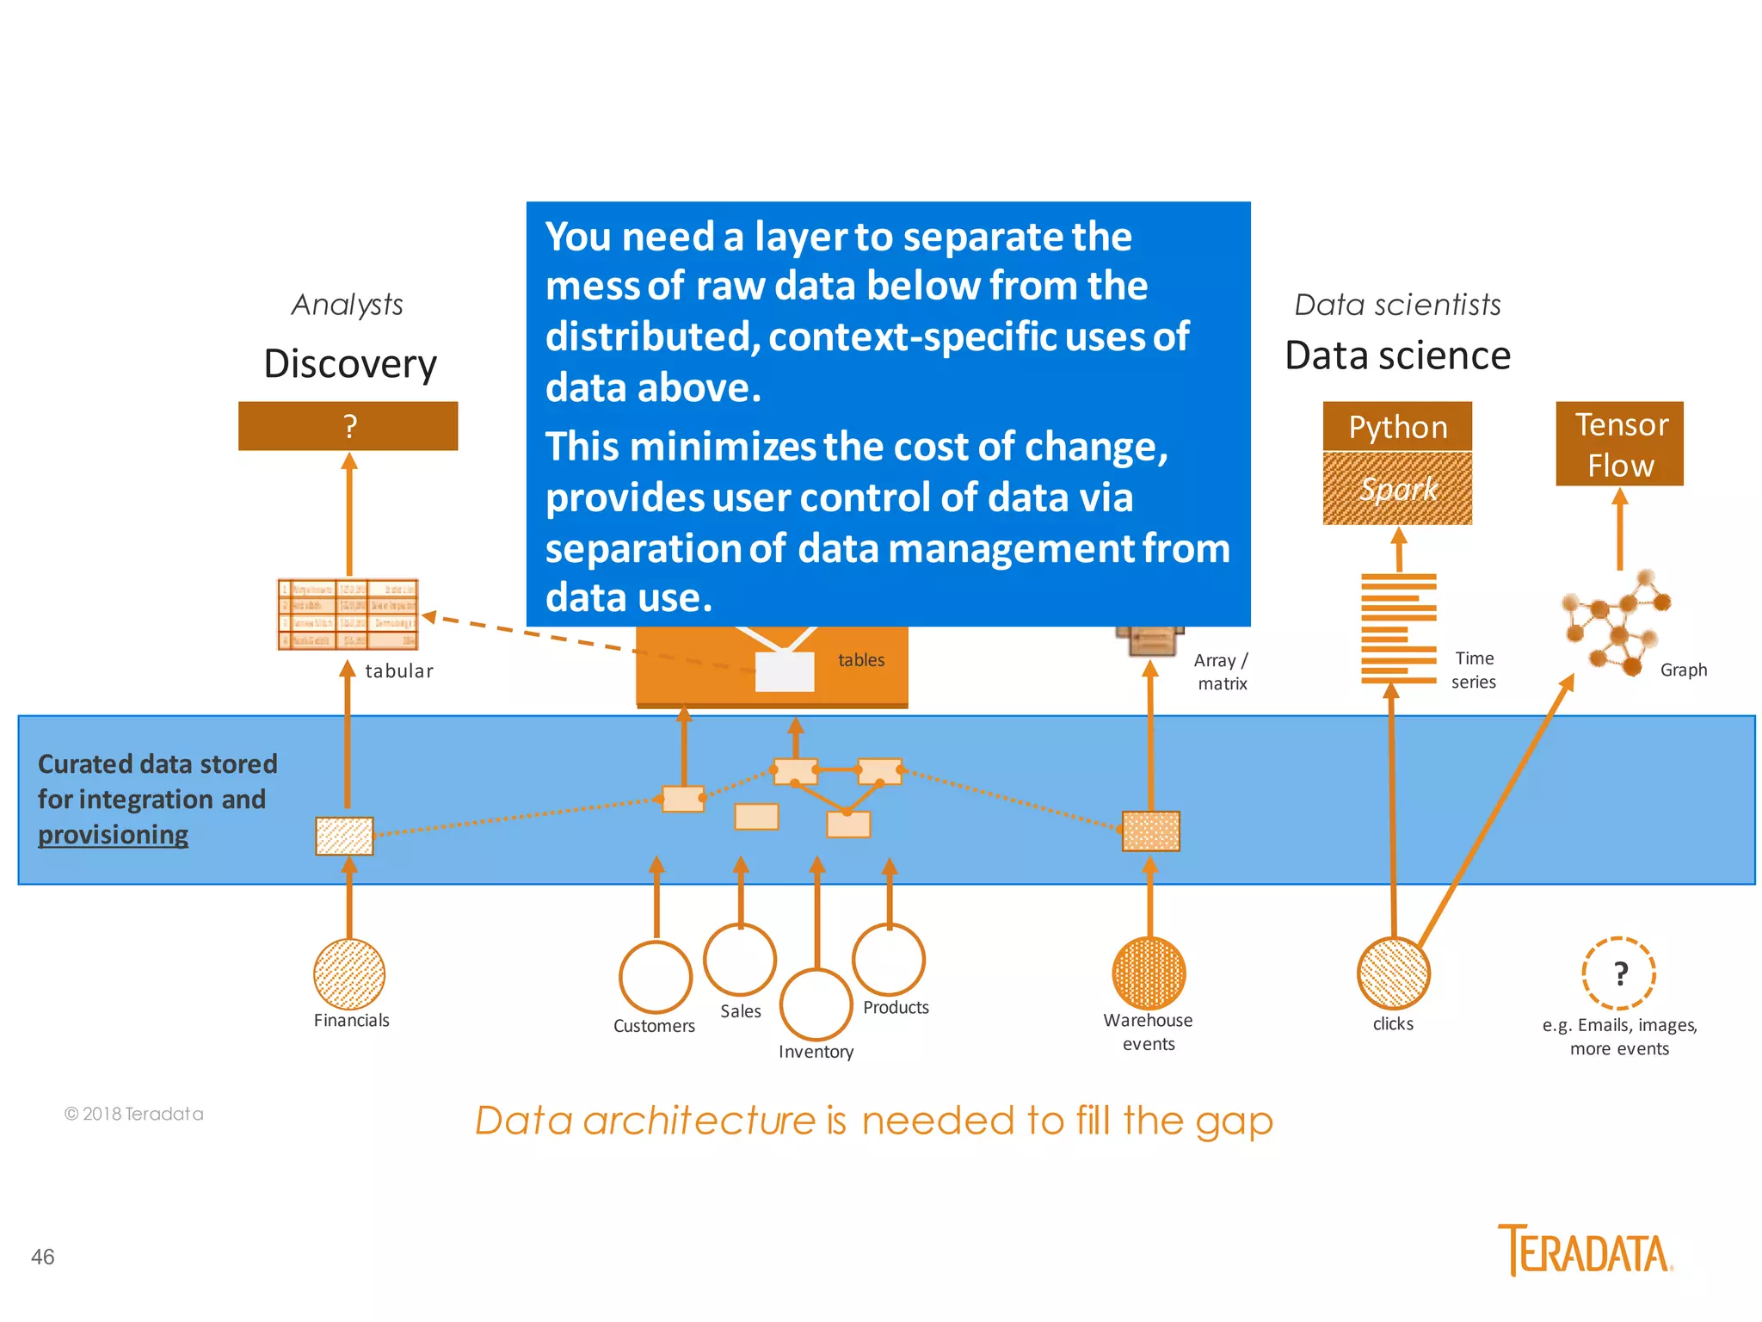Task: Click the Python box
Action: coord(1396,426)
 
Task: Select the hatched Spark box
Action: coord(1396,488)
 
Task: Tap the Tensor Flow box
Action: coord(1619,443)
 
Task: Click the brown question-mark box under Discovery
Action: coord(348,425)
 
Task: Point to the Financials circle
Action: coord(348,973)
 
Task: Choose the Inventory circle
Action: coord(816,1004)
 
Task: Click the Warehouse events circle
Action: coord(1149,973)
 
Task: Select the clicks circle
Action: coord(1393,973)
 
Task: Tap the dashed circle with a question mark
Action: coord(1618,973)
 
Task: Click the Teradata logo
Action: coord(1585,1250)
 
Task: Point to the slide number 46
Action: coord(43,1257)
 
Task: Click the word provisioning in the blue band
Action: coord(113,835)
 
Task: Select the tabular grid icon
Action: coord(348,614)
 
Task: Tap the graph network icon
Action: coord(1615,622)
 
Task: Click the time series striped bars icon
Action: coord(1398,628)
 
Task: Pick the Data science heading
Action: coord(1397,355)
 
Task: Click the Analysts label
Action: coord(347,305)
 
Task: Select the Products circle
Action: coord(888,959)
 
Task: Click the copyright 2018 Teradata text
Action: coord(134,1114)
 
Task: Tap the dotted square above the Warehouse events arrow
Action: coord(1150,831)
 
